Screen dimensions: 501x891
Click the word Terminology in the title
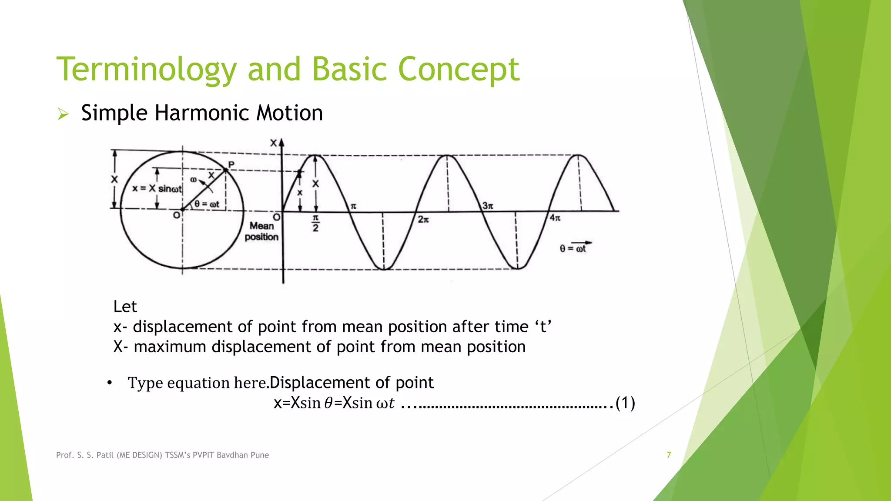(x=147, y=70)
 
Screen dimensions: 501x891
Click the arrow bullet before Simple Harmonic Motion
(x=64, y=114)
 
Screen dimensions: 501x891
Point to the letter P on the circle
(x=231, y=164)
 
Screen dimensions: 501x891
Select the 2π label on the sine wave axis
(x=423, y=220)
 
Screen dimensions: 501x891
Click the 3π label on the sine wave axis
(x=488, y=206)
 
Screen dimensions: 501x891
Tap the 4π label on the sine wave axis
(x=555, y=218)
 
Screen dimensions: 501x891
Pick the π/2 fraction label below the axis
(x=315, y=223)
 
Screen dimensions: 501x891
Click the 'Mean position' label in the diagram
(x=261, y=231)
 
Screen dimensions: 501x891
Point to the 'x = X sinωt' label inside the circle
(x=157, y=189)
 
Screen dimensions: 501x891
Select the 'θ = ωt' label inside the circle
(x=207, y=204)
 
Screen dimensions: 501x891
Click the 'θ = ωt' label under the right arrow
(x=573, y=249)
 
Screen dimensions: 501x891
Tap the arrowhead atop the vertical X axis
(x=281, y=143)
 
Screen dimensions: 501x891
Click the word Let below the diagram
(x=125, y=307)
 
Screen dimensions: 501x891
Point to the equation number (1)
(x=625, y=403)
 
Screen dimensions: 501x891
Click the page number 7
(x=669, y=455)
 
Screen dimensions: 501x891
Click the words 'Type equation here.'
(x=198, y=383)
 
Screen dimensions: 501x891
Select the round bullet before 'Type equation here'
(x=110, y=383)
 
